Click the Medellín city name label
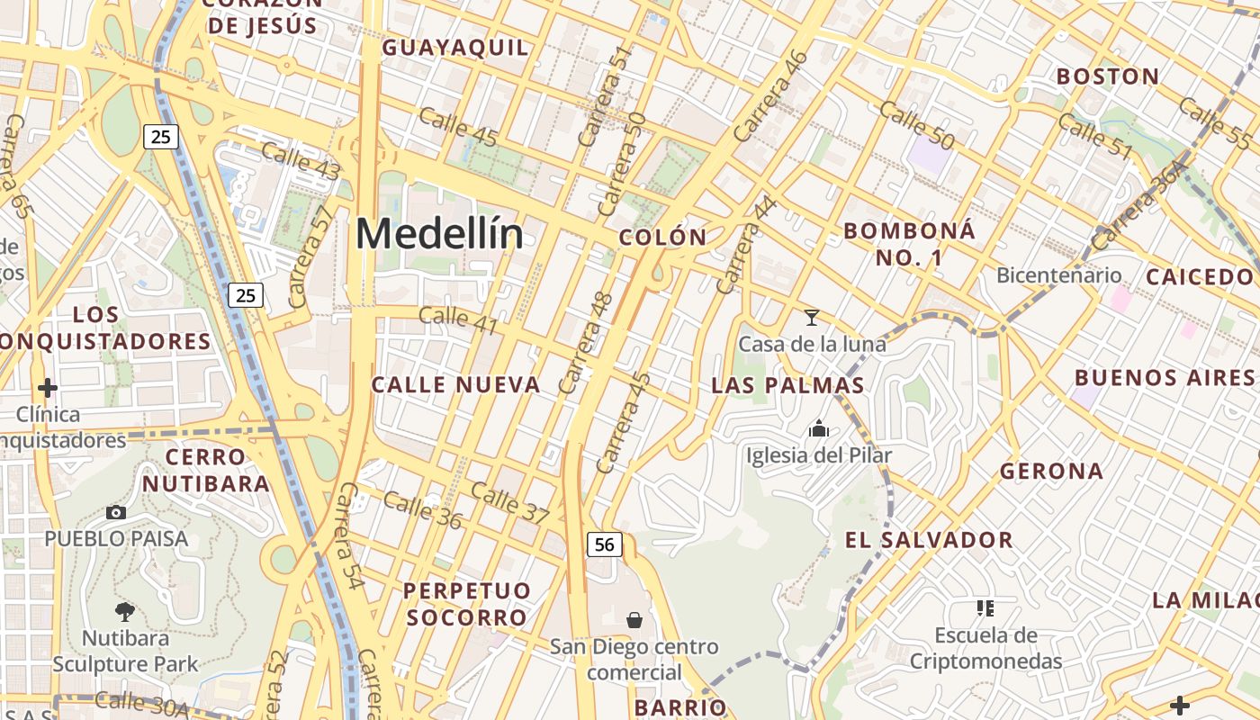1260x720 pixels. click(439, 234)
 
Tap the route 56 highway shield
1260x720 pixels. click(605, 544)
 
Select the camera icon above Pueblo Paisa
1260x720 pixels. click(116, 512)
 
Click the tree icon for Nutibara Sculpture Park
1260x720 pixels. click(125, 612)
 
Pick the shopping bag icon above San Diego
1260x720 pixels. click(634, 619)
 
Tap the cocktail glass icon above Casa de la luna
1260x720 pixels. click(812, 317)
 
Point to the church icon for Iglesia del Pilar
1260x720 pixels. click(819, 428)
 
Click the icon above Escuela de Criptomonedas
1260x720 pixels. click(985, 608)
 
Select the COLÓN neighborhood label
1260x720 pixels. click(663, 238)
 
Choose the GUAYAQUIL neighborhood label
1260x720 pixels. click(456, 48)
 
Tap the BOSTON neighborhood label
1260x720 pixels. click(1108, 76)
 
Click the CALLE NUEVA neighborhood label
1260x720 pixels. click(456, 385)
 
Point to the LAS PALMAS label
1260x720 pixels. click(787, 386)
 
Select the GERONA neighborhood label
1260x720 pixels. click(1051, 471)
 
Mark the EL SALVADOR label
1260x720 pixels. click(929, 540)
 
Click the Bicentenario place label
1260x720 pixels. click(1059, 275)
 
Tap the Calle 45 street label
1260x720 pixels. click(458, 125)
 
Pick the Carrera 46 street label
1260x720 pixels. click(770, 95)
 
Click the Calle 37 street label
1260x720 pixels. click(509, 503)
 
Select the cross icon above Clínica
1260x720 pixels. click(48, 388)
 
